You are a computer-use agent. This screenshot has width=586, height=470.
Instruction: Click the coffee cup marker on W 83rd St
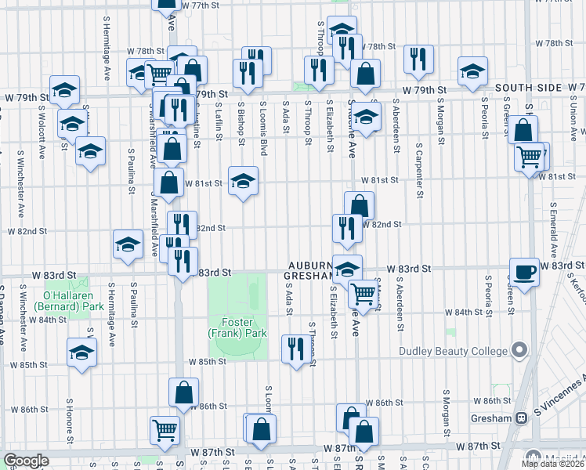[524, 271]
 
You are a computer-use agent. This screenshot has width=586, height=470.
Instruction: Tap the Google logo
[25, 461]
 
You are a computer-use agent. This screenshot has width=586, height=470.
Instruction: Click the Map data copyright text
[553, 464]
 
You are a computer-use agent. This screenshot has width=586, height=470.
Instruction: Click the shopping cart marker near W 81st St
[530, 157]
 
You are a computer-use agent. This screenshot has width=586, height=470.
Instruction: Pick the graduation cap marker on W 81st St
[243, 180]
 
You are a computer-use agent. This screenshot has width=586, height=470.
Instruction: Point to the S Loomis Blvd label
[264, 127]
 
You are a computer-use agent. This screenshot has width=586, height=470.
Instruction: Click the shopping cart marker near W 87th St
[165, 428]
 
